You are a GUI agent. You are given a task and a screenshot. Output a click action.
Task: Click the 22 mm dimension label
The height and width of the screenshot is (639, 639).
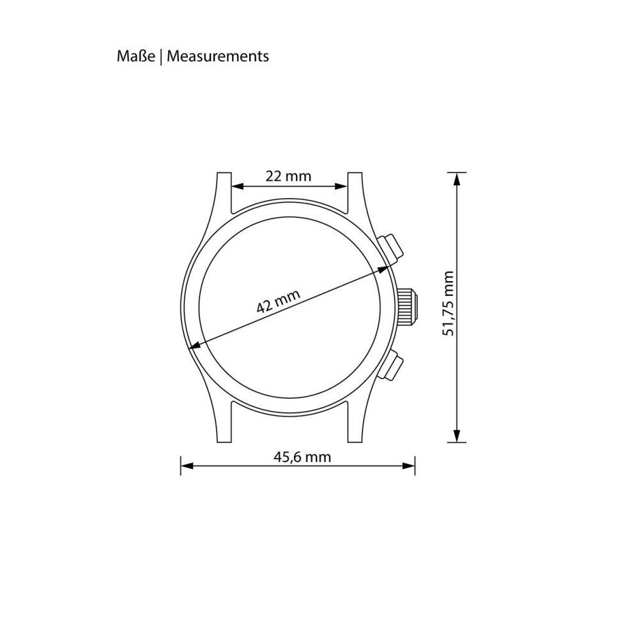tap(288, 176)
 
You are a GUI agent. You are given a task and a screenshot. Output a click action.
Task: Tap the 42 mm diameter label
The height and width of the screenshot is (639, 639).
tap(279, 301)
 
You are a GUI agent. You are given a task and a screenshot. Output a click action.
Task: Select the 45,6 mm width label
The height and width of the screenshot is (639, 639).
tap(302, 458)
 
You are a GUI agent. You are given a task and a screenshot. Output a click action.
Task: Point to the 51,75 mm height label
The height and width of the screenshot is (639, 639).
tap(449, 304)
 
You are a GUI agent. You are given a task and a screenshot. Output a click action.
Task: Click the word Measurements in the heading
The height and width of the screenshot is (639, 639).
tap(218, 56)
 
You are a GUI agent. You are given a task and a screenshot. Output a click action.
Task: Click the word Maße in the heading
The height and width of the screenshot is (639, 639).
tap(135, 56)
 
